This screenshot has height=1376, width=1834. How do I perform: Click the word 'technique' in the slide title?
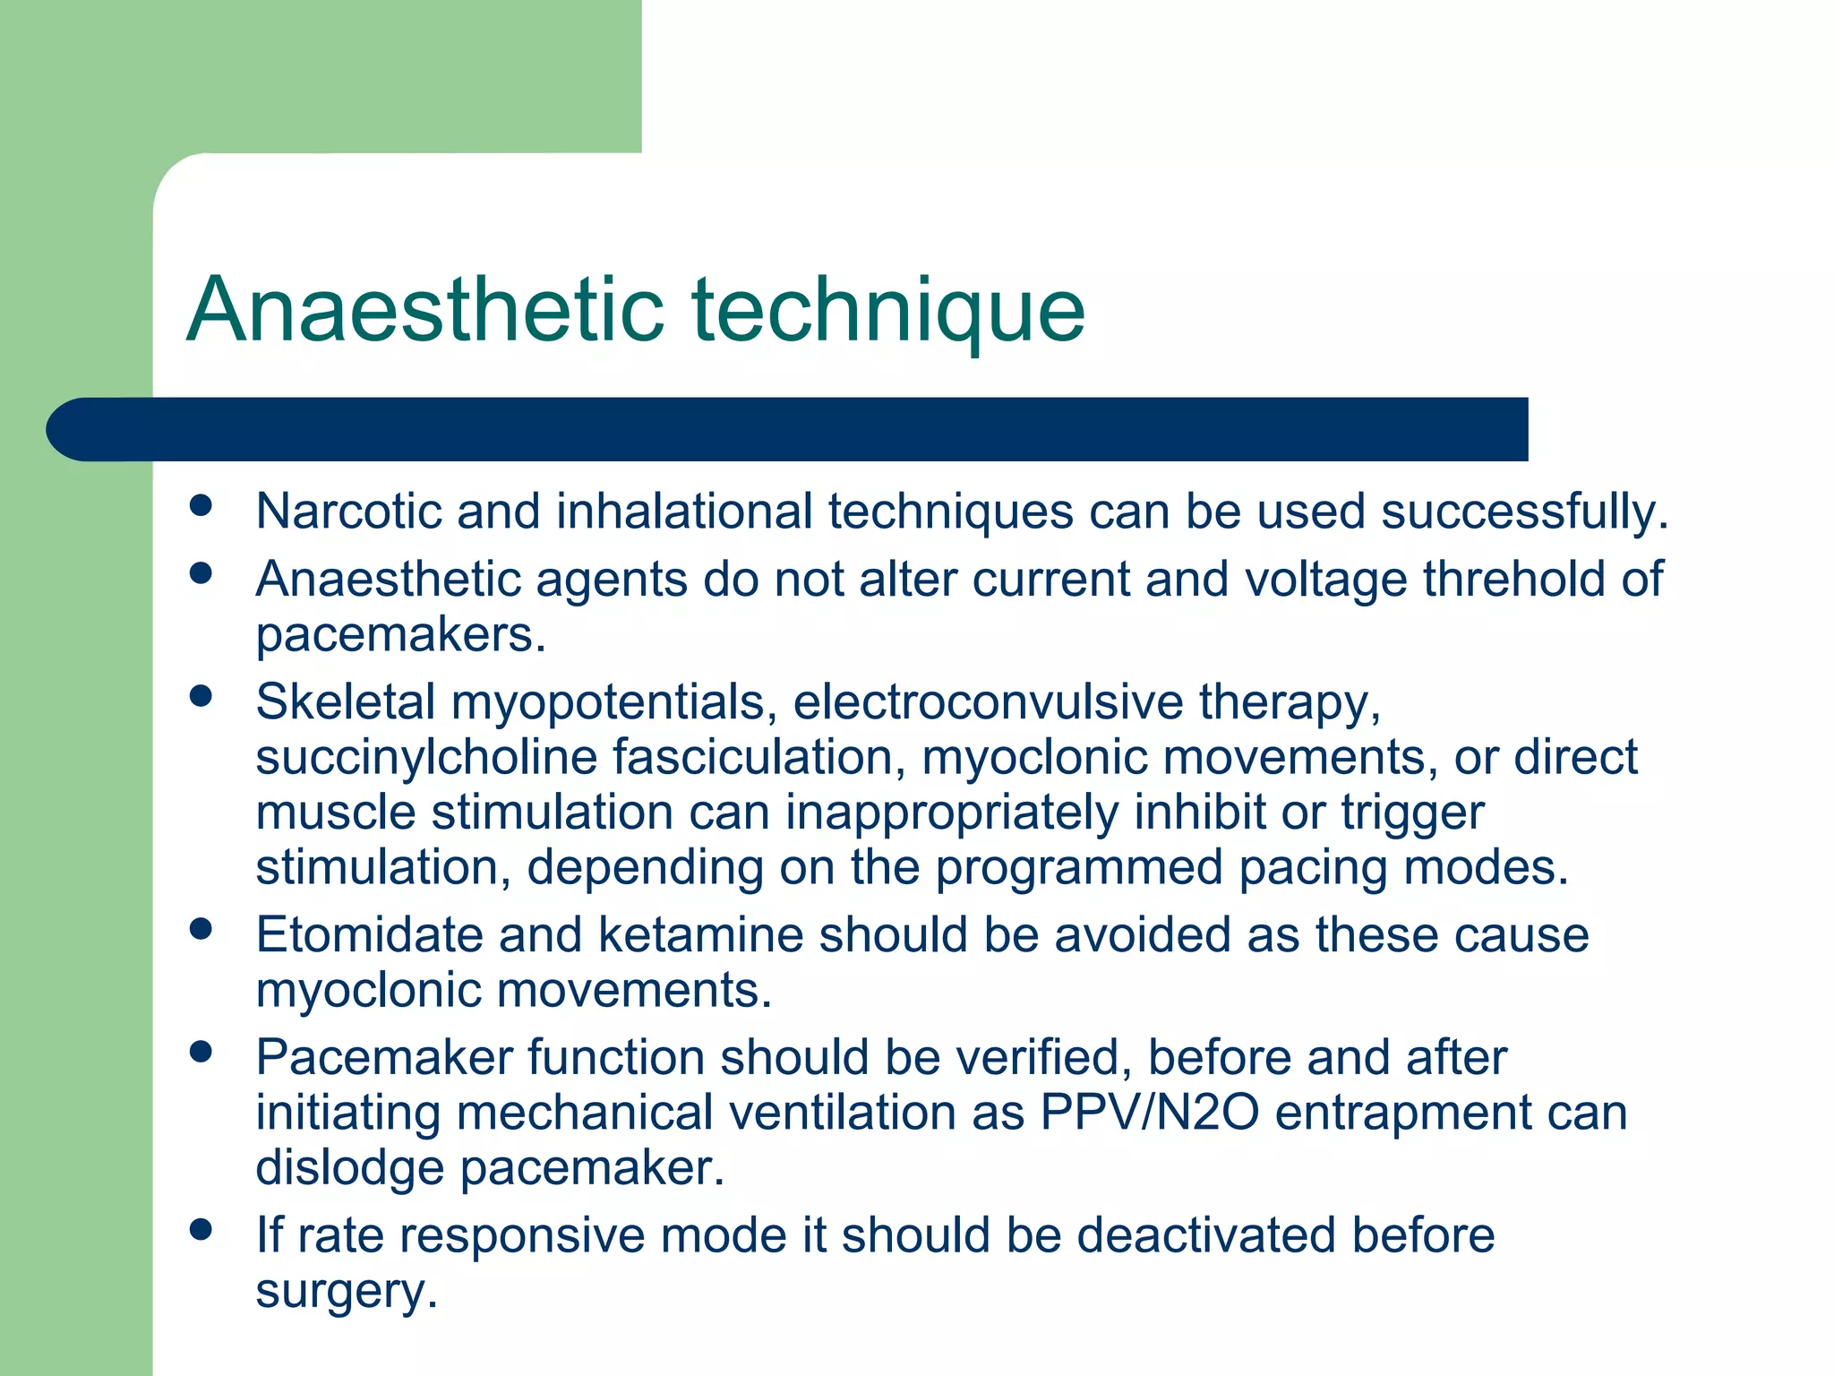coord(888,311)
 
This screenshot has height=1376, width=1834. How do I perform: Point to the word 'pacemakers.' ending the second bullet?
coord(400,635)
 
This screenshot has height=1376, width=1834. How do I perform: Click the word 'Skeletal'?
coord(345,701)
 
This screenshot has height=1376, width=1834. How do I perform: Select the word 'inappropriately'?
coord(951,814)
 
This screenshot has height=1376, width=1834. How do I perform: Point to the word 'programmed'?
coord(1078,869)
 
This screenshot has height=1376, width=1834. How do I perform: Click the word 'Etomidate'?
coord(369,935)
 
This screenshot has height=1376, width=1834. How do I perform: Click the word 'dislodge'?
coord(349,1169)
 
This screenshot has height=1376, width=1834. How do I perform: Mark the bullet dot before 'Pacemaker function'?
coord(201,1052)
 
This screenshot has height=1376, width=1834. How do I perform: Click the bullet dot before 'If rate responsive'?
coord(201,1230)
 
